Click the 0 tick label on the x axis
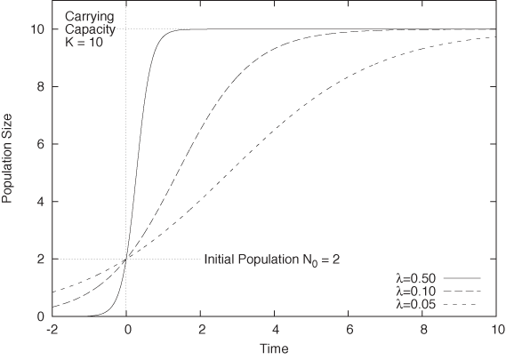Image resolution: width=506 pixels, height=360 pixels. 126,331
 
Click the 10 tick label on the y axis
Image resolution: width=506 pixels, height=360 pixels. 38,29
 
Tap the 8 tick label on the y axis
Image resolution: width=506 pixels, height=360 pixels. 41,87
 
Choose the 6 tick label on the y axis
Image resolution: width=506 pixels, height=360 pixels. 41,144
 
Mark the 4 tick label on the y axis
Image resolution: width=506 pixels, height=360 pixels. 41,202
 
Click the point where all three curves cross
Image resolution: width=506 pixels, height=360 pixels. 126,259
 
